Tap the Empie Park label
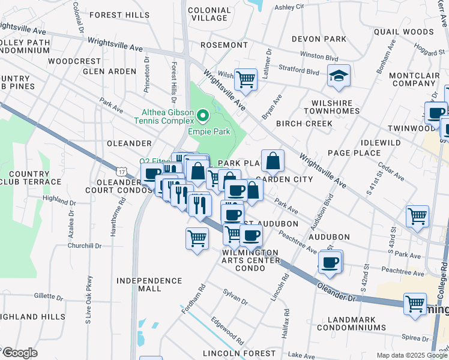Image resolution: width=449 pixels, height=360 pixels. (x=209, y=131)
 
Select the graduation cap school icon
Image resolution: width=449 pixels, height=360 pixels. (x=339, y=76)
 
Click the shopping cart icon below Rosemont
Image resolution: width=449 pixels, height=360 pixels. (x=246, y=78)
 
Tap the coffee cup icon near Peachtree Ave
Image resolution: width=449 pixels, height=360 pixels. (x=330, y=262)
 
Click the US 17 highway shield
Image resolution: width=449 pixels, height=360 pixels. (x=122, y=172)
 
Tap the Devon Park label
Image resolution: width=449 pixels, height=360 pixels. (x=319, y=39)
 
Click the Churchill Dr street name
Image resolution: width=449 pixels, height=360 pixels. (x=85, y=246)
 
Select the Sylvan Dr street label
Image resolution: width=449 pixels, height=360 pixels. (x=235, y=298)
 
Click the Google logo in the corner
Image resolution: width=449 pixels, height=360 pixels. (x=20, y=353)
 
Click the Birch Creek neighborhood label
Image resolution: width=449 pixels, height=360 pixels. (x=304, y=124)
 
